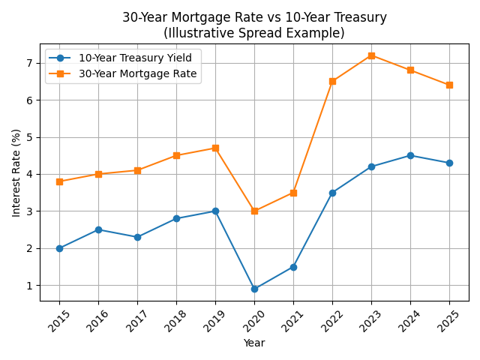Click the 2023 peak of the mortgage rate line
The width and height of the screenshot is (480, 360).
click(371, 55)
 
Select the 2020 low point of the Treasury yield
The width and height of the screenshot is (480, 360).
click(254, 289)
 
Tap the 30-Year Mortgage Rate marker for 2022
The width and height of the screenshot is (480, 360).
click(332, 81)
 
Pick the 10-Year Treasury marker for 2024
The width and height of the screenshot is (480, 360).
click(410, 155)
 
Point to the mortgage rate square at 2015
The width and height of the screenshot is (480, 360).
click(59, 181)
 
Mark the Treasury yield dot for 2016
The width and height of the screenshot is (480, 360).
click(98, 229)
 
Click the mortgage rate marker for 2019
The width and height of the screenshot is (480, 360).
click(215, 148)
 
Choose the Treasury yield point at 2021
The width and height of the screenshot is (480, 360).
click(293, 267)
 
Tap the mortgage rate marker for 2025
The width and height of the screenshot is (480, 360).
click(449, 85)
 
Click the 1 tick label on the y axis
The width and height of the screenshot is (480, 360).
click(32, 286)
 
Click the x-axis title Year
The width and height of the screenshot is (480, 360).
click(254, 343)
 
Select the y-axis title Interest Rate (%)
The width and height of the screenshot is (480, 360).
click(16, 172)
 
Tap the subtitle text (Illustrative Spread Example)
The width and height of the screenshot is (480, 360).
click(254, 33)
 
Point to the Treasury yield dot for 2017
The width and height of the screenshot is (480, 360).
click(137, 237)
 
